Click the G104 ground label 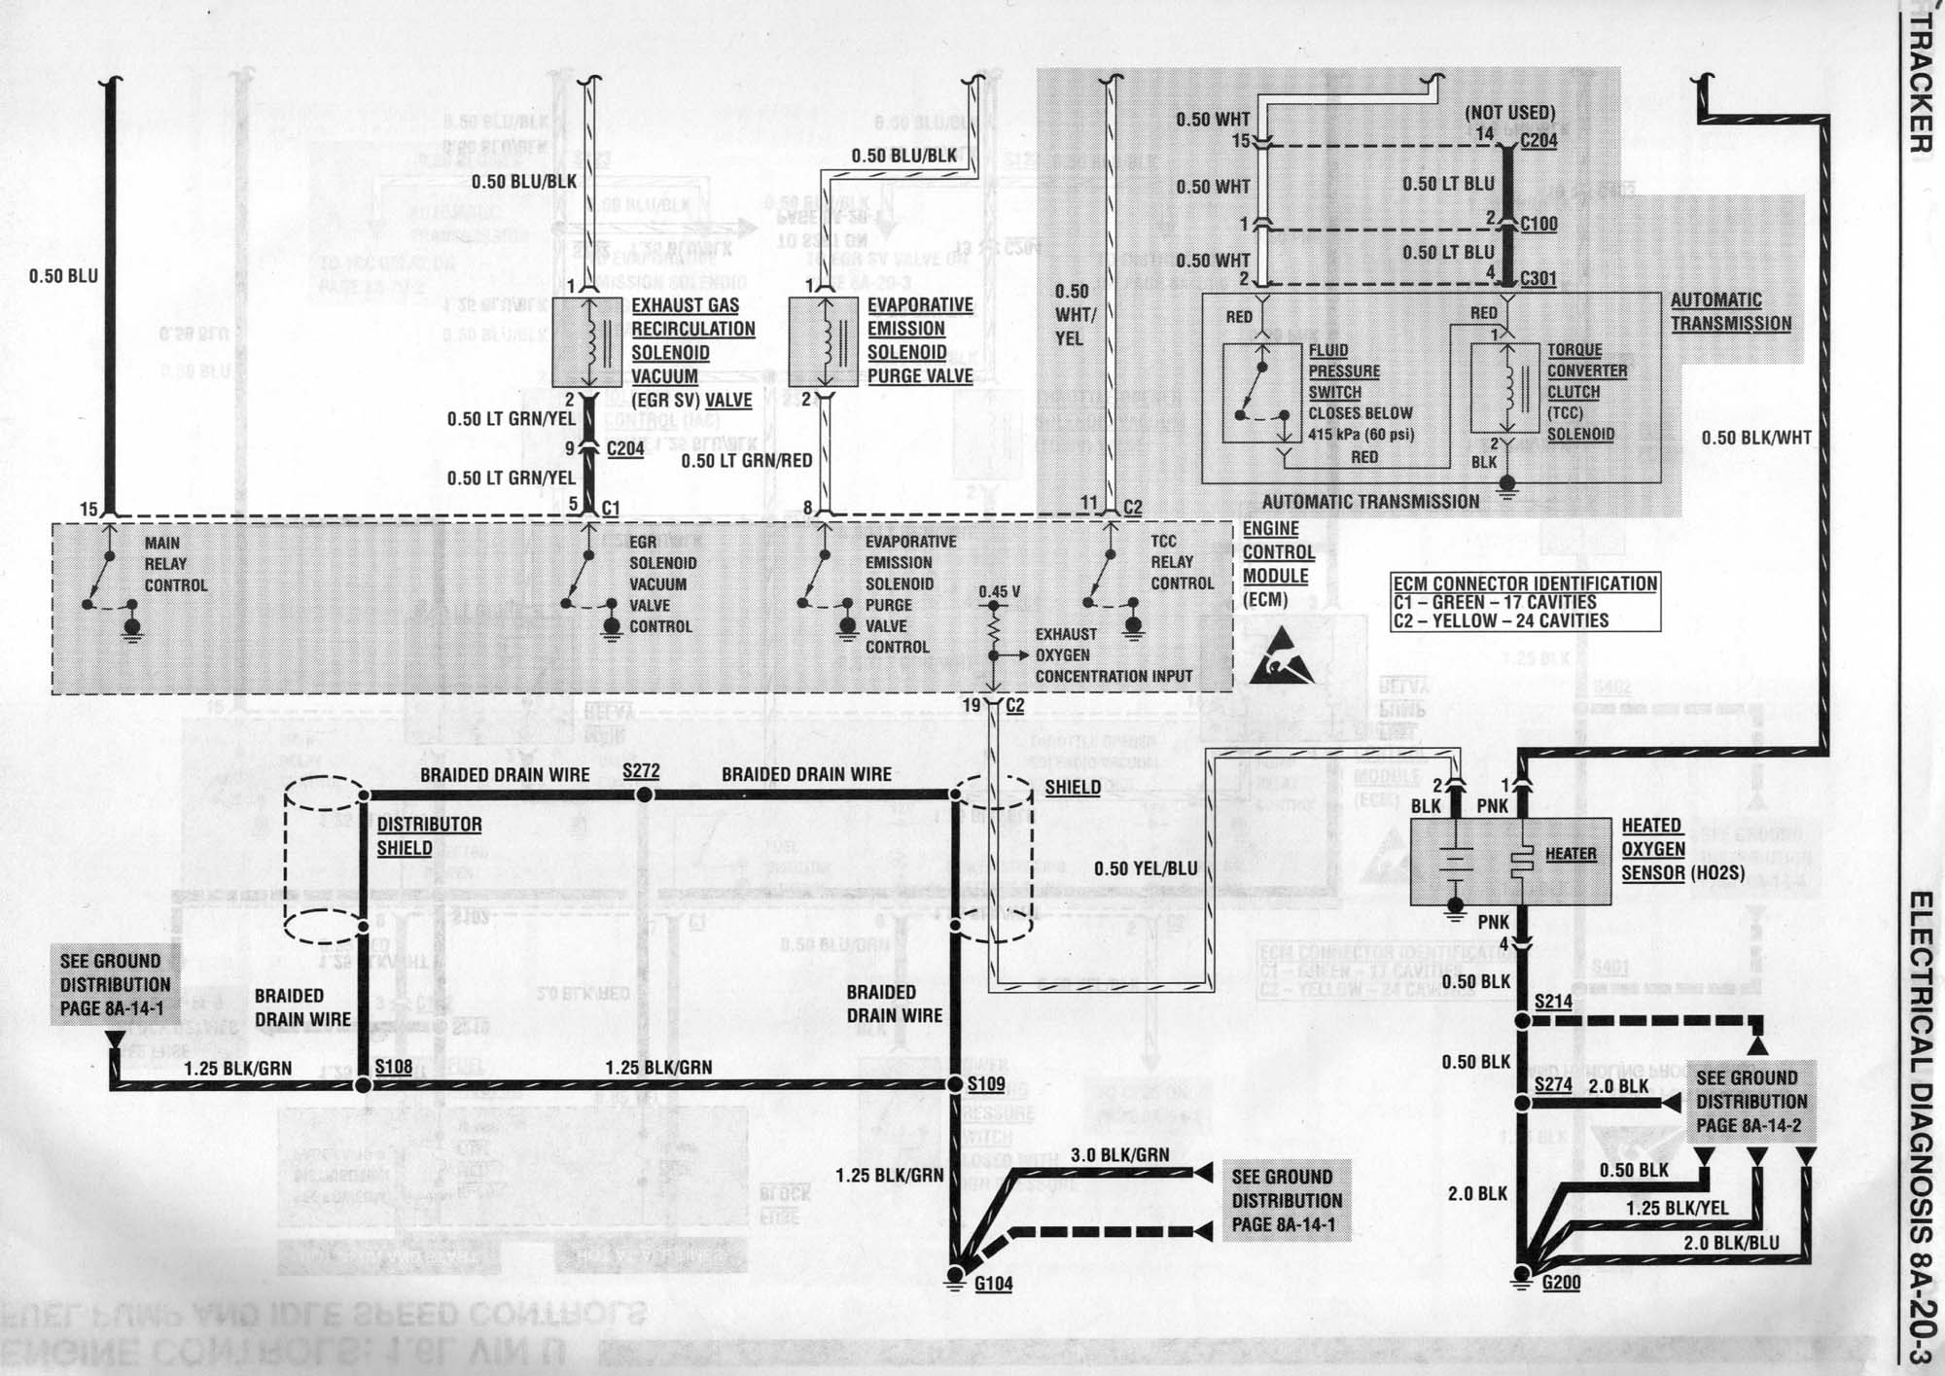(x=994, y=1284)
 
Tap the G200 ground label (x=1561, y=1283)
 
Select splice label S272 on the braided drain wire (x=642, y=771)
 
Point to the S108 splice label (x=394, y=1067)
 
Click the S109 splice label (x=986, y=1083)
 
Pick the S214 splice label (x=1553, y=1002)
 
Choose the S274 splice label (x=1553, y=1084)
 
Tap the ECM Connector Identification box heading (x=1525, y=583)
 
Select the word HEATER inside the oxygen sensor (x=1571, y=854)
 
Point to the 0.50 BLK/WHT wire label (x=1756, y=439)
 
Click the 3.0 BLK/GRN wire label (x=1119, y=1155)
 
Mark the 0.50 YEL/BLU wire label (x=1146, y=868)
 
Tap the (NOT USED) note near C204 (x=1509, y=114)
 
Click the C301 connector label (x=1538, y=279)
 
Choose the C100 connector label (x=1538, y=225)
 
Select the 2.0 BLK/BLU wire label (x=1731, y=1243)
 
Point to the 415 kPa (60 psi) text (x=1361, y=435)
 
